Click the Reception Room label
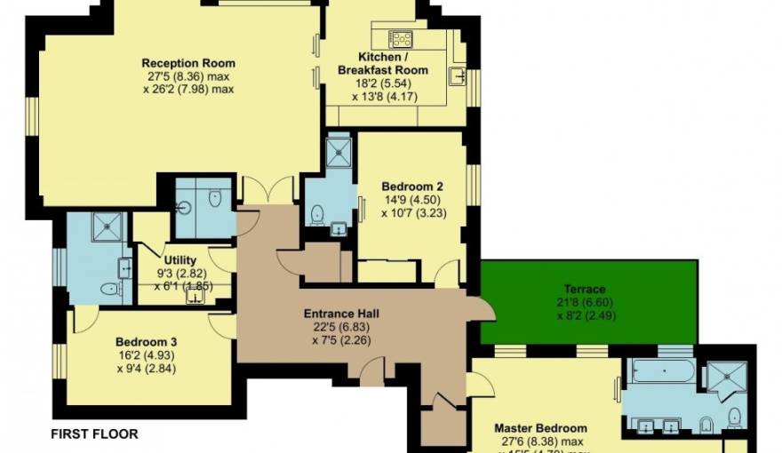188,63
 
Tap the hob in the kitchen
402,38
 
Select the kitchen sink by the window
458,75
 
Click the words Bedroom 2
411,187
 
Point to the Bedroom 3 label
146,342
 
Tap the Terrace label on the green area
584,289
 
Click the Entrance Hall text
341,314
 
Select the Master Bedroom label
540,427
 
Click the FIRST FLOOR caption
94,434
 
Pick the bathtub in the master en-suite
662,370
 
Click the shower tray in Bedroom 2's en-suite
339,153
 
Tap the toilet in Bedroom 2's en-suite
317,213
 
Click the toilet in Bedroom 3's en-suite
109,289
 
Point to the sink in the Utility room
195,297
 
